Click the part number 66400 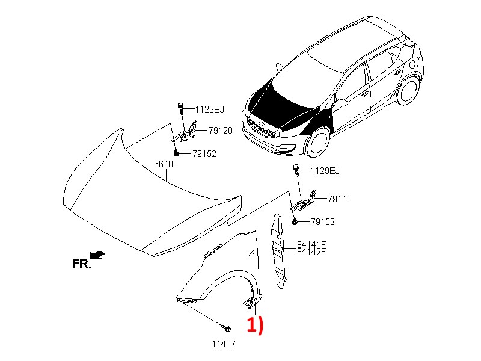166,164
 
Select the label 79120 221,131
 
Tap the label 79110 340,199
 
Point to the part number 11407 224,344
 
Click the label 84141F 311,245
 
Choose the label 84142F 311,252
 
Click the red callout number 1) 255,325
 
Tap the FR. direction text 81,264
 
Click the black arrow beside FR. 97,255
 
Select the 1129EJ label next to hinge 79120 209,110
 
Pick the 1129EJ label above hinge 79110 325,171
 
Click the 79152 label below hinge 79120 204,154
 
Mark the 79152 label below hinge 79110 323,222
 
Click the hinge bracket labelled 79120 185,134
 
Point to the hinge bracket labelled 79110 304,202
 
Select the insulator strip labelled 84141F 278,251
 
